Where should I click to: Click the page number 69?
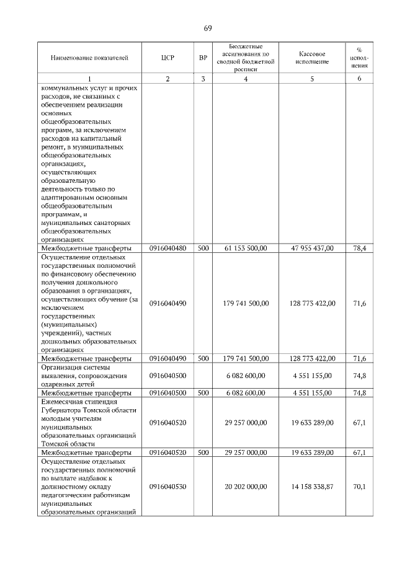(x=208, y=29)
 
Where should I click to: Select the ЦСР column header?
(x=167, y=58)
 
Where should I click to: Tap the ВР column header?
(x=203, y=58)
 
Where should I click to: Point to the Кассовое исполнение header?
(x=312, y=58)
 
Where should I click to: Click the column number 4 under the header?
(x=246, y=79)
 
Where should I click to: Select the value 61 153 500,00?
(x=246, y=248)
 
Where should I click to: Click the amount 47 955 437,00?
(x=312, y=248)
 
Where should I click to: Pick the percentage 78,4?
(x=359, y=248)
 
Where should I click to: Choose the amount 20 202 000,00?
(x=246, y=487)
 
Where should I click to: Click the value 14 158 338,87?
(x=312, y=487)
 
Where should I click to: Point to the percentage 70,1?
(x=359, y=487)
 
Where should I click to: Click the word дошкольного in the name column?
(x=96, y=281)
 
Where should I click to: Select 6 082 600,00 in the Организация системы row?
(x=246, y=375)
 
